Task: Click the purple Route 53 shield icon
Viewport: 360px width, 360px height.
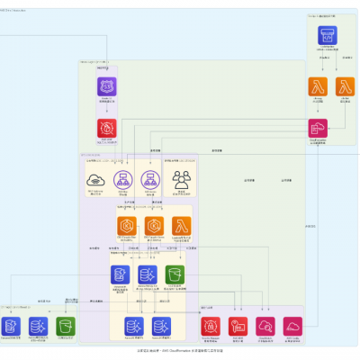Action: (x=108, y=86)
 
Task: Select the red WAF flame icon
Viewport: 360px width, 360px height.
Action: (x=108, y=128)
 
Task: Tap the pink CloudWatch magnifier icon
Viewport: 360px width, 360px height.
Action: (x=265, y=327)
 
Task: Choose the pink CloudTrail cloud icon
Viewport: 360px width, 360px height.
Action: (x=292, y=327)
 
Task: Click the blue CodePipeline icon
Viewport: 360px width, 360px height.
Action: (x=328, y=36)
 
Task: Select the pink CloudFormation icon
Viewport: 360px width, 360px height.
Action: (x=318, y=128)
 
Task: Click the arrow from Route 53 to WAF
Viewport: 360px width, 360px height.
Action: (x=108, y=107)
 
